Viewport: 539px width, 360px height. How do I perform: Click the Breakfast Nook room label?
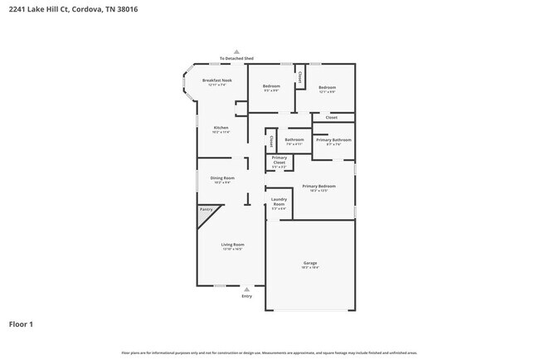[x=216, y=80]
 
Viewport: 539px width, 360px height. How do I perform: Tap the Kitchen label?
[x=221, y=128]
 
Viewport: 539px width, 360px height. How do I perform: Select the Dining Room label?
[x=221, y=178]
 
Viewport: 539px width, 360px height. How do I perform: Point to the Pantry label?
[x=206, y=209]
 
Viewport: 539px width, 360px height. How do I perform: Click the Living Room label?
[x=232, y=245]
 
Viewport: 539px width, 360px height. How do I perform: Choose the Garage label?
[x=309, y=264]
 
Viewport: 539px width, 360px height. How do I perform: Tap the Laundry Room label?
[x=279, y=201]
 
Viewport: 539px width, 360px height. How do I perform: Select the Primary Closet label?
[x=279, y=159]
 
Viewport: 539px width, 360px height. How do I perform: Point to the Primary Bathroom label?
[x=333, y=140]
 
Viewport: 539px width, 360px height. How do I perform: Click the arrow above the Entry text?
[x=246, y=289]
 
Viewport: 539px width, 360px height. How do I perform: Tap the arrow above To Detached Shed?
[x=236, y=51]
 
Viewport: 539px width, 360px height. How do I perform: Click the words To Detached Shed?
[x=236, y=59]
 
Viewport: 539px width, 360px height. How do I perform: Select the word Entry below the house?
[x=246, y=296]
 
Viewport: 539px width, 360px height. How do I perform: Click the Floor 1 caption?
[x=21, y=324]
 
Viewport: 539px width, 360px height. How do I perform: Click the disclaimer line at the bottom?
[x=269, y=353]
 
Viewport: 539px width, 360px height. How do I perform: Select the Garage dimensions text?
[x=309, y=268]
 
